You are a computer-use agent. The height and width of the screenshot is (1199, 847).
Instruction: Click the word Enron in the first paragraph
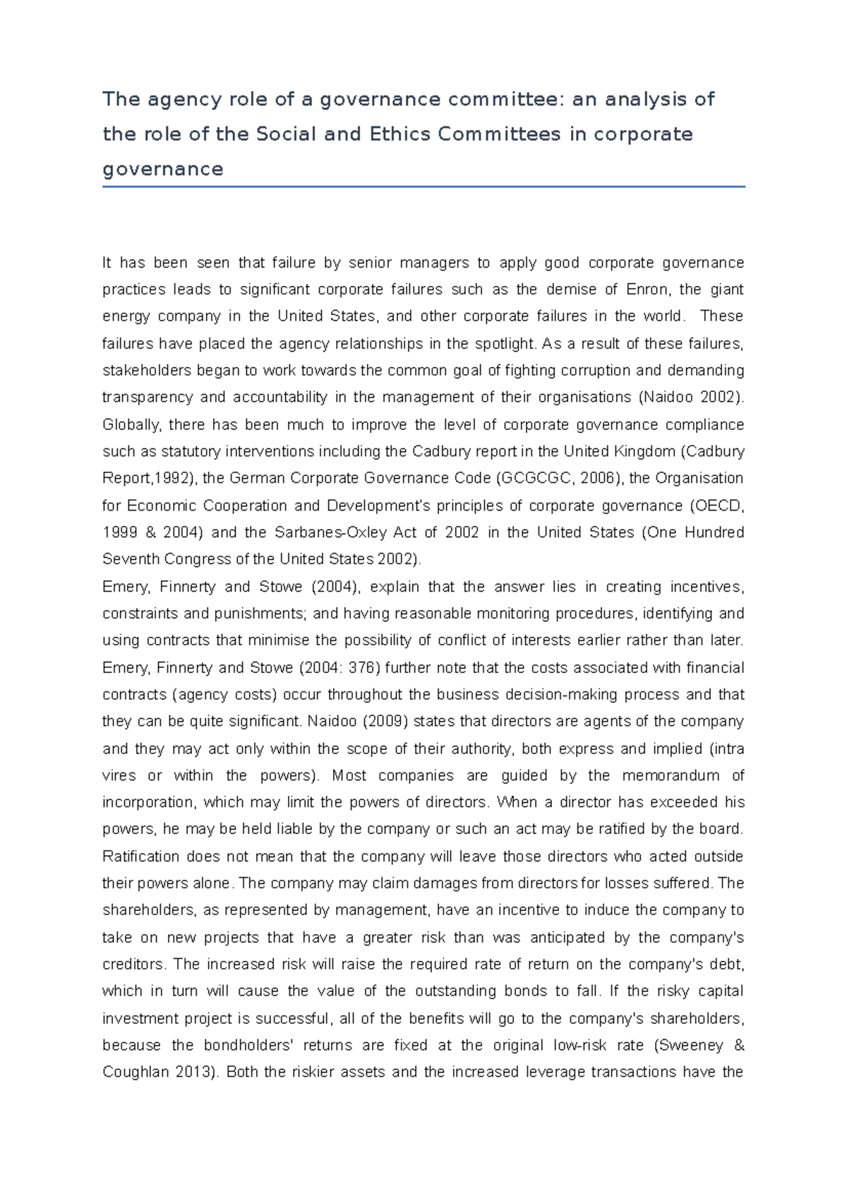coord(647,290)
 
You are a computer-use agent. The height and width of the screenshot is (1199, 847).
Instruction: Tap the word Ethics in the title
coord(400,134)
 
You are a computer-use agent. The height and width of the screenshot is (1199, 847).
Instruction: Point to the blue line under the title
coord(423,187)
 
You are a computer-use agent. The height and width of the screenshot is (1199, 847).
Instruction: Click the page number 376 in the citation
coord(363,667)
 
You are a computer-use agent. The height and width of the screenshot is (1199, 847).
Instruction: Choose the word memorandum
coord(671,775)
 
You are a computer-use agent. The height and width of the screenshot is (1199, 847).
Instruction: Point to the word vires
coord(119,775)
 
